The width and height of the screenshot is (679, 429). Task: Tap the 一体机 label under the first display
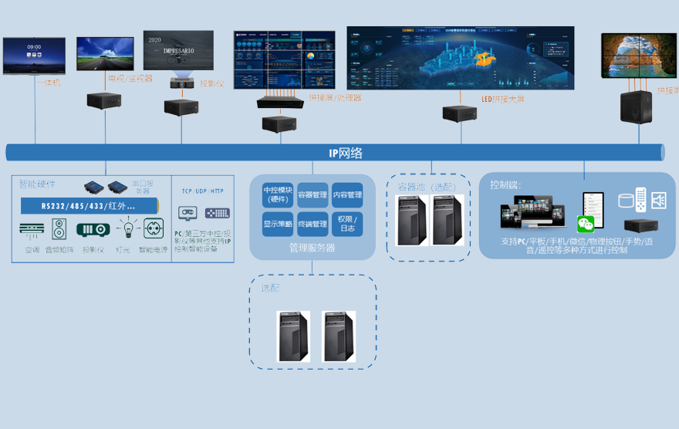point(49,82)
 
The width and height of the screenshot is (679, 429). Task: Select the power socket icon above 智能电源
point(153,229)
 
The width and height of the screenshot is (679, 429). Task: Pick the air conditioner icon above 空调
point(32,229)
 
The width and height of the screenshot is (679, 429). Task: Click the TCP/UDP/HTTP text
point(203,191)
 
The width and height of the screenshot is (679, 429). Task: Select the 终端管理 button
point(312,225)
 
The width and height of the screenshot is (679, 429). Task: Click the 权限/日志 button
point(346,225)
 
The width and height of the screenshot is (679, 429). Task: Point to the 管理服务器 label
point(312,248)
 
